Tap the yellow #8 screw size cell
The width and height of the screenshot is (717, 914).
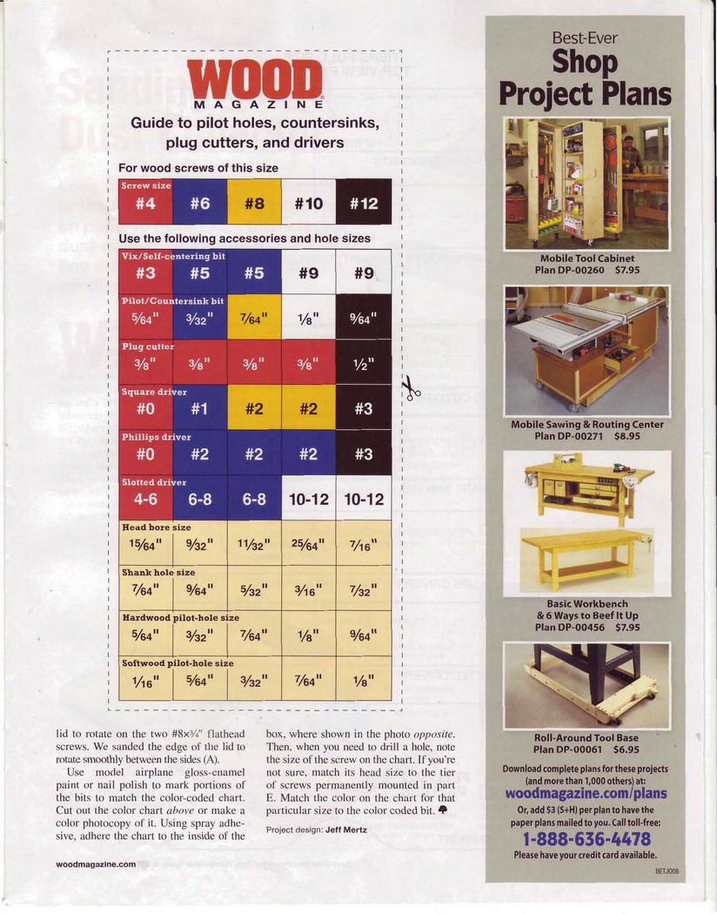tap(254, 203)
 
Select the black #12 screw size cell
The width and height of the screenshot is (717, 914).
tap(364, 203)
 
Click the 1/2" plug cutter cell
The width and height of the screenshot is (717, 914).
tap(364, 362)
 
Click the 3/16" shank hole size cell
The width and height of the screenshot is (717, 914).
tap(309, 590)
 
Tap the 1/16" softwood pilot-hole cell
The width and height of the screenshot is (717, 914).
tap(145, 680)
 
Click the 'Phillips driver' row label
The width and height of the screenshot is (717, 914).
tap(156, 437)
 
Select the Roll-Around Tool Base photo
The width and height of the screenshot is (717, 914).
tap(586, 684)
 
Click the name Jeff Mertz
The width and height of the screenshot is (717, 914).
tap(346, 830)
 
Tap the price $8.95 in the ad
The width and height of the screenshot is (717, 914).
tap(625, 435)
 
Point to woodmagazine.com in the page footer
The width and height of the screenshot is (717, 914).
tap(96, 864)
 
